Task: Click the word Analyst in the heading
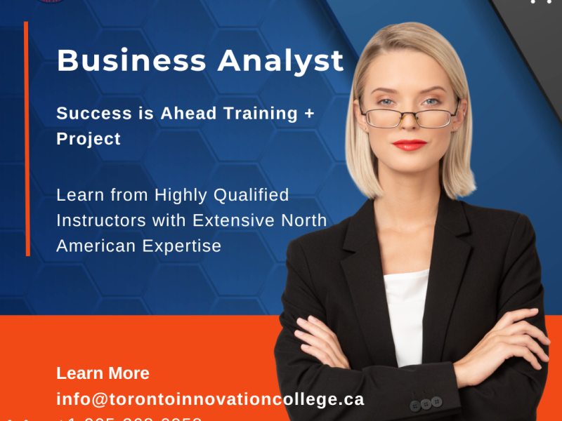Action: (280, 61)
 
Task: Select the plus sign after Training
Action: (308, 114)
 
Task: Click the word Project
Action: (89, 139)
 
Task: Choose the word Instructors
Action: (115, 220)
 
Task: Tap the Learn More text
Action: (103, 373)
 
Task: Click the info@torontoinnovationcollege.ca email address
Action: (210, 399)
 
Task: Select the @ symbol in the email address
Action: (99, 399)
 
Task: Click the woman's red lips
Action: (410, 145)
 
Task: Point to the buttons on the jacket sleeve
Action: (425, 403)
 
